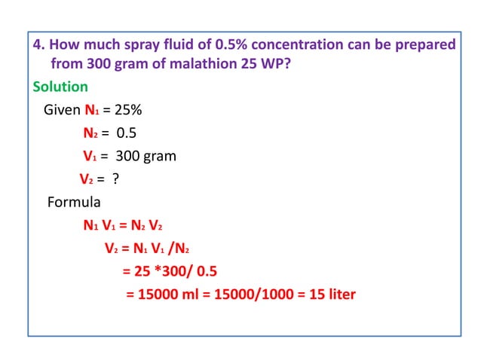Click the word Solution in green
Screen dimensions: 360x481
coord(60,87)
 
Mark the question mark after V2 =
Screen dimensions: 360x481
coord(116,180)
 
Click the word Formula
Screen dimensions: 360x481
coord(73,203)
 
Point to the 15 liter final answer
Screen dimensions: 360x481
coord(327,294)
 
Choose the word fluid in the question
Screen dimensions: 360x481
coord(178,44)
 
